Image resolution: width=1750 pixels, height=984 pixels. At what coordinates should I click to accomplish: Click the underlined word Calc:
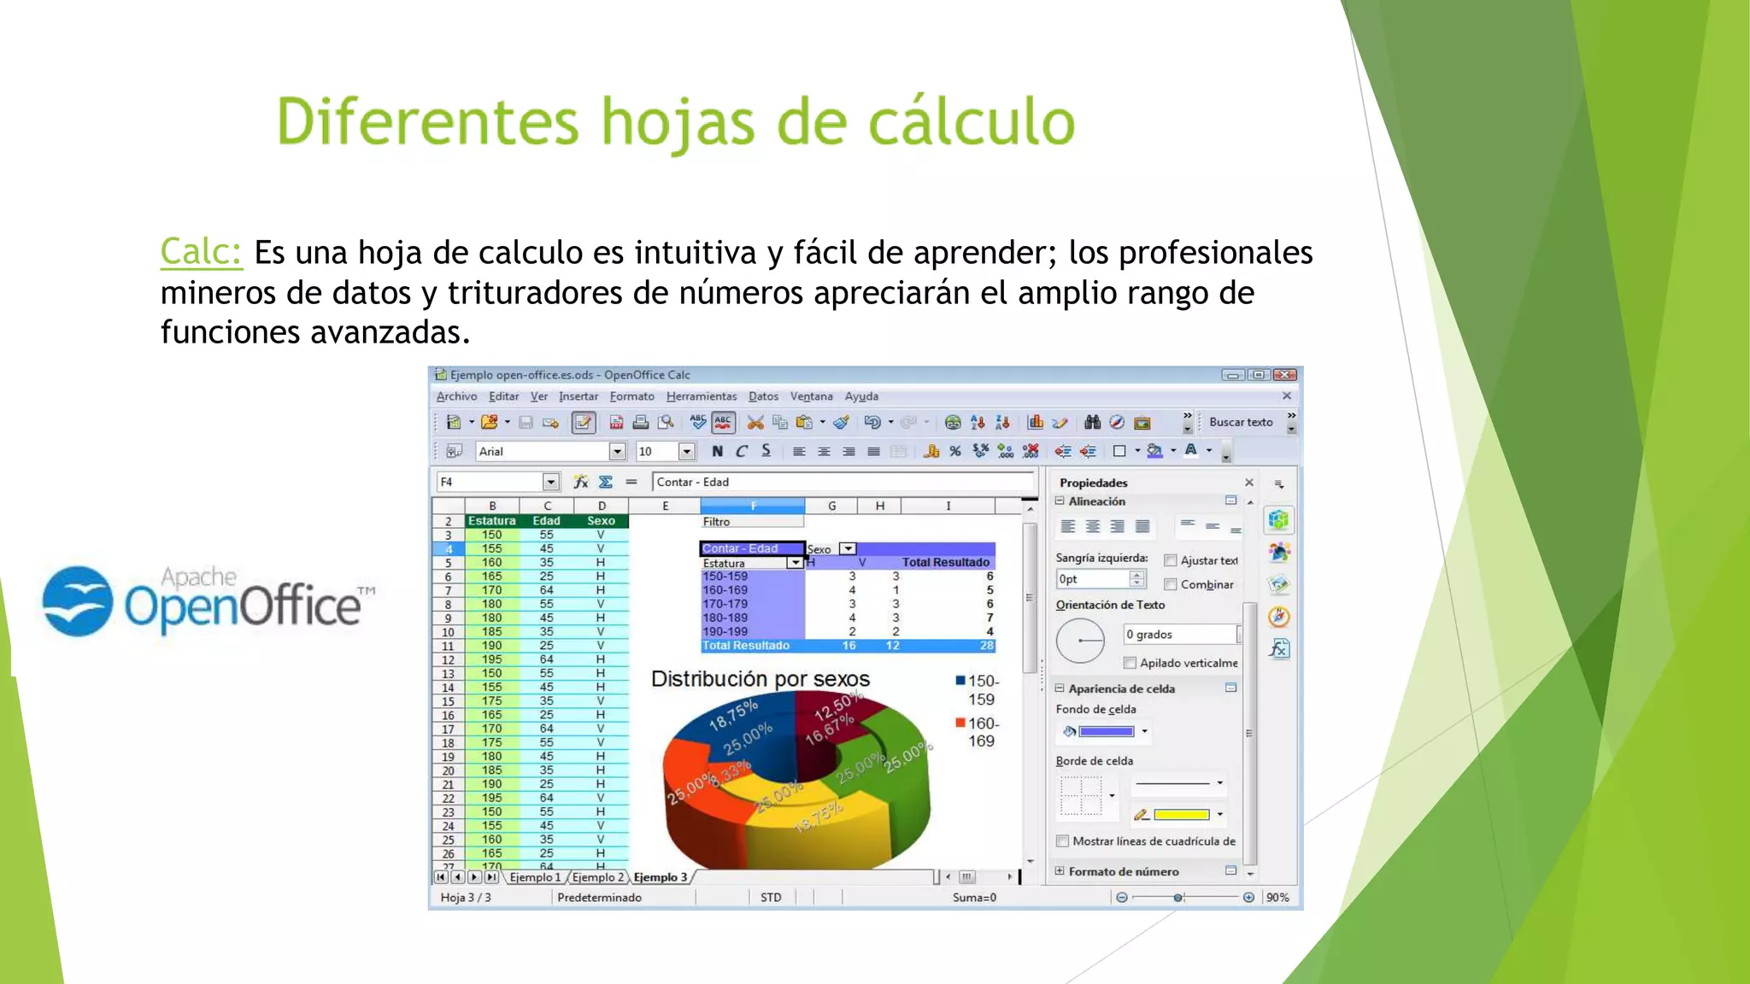[201, 252]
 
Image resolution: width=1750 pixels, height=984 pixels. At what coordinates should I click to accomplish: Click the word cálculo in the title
[971, 122]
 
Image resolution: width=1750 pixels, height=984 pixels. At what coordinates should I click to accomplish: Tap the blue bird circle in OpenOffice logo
[78, 600]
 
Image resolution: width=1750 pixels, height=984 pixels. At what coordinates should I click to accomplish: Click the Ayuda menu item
[860, 396]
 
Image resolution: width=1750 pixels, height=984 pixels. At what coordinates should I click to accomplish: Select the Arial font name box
[543, 451]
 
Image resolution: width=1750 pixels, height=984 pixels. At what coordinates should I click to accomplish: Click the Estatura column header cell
[491, 520]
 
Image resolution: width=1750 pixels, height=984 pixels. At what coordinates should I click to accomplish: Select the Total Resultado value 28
[986, 646]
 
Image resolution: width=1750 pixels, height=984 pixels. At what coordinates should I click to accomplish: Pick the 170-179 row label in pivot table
[725, 604]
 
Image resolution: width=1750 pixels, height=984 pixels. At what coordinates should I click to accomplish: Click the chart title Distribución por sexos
[760, 679]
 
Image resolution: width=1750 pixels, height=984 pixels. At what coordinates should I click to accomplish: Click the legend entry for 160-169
[980, 732]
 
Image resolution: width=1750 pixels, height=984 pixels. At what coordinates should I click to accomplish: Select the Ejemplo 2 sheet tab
[597, 877]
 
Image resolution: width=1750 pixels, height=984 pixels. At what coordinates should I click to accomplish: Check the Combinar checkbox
[1171, 584]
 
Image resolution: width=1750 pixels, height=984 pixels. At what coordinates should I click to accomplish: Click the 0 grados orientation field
[1178, 634]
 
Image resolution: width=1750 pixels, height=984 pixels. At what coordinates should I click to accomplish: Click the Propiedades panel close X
[1248, 483]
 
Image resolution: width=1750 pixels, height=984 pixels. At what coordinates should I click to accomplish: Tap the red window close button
[1284, 375]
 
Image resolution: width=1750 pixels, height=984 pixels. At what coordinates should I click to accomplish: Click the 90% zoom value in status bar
[1277, 897]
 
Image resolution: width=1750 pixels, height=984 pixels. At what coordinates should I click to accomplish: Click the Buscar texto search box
[1241, 422]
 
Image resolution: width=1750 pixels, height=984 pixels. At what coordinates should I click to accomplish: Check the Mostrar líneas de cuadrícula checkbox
[1062, 841]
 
